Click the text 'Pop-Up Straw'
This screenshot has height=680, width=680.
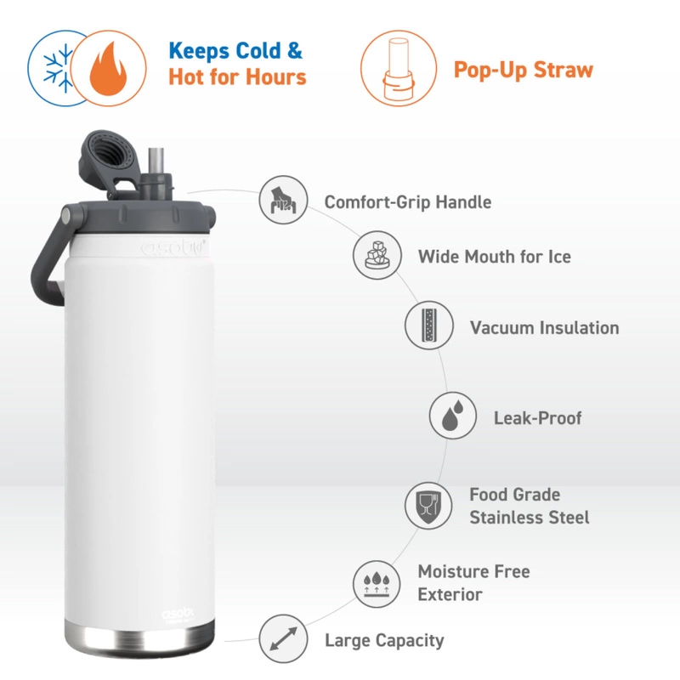[x=523, y=70]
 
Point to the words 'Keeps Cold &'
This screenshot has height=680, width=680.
[x=235, y=51]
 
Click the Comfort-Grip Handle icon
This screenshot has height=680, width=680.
[x=283, y=201]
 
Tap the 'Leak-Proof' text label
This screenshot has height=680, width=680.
[x=537, y=417]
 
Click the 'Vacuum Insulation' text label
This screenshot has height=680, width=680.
[x=544, y=327]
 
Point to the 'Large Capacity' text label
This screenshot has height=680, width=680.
[x=384, y=639]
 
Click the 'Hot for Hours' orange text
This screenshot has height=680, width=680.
[x=236, y=76]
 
